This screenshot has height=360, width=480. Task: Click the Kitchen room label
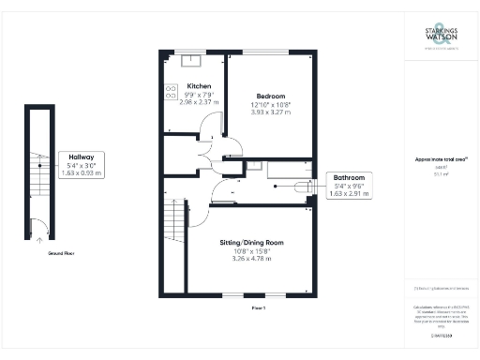(198, 85)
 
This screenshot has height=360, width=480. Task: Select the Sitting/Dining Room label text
(251, 243)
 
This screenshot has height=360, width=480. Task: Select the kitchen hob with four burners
(172, 92)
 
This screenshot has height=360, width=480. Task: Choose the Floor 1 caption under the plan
(259, 307)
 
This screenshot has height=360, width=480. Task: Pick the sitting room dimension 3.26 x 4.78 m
(251, 259)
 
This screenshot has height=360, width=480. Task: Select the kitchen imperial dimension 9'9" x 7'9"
(198, 94)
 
